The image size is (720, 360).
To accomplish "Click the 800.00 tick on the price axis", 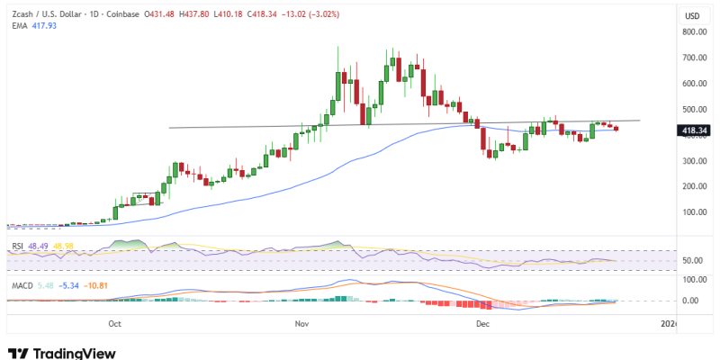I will (692, 31).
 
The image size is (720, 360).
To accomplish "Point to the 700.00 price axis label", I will (692, 58).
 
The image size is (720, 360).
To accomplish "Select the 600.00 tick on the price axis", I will (692, 84).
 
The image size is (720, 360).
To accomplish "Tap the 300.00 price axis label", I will (692, 161).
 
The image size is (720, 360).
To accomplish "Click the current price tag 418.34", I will (692, 130).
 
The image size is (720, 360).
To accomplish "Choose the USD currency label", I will (692, 16).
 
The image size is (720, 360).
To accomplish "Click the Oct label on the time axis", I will (114, 322).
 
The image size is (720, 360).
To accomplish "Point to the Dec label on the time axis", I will (483, 322).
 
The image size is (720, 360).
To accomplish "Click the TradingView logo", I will (61, 353).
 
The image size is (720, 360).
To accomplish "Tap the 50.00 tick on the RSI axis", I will (694, 261).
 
